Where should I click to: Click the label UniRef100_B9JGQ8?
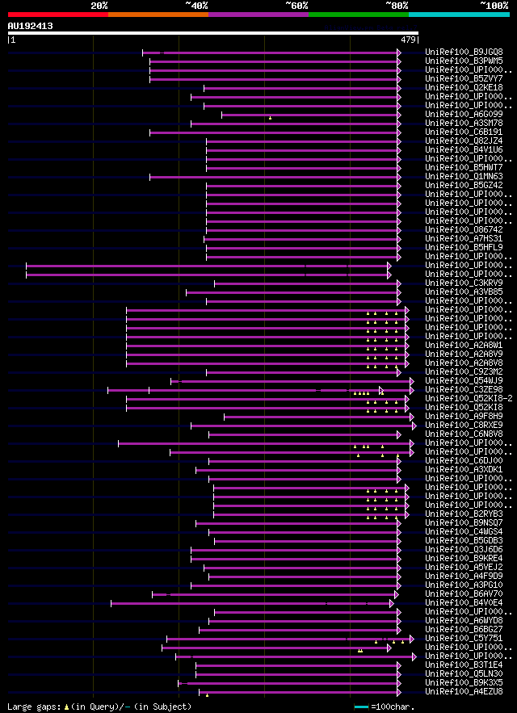click(464, 52)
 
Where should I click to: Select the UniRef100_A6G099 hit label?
click(464, 114)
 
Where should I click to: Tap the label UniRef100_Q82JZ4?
click(464, 141)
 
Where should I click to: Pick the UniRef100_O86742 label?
click(464, 229)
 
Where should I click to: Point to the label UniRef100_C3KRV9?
click(464, 283)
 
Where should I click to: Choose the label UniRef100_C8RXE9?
click(464, 425)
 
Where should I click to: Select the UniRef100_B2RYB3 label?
click(464, 514)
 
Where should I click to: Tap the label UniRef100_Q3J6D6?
click(464, 549)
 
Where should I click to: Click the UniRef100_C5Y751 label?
click(464, 638)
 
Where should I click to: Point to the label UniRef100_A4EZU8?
click(464, 691)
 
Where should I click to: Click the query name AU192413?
click(30, 26)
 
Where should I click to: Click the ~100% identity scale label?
click(494, 6)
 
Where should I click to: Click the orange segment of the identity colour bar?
click(158, 15)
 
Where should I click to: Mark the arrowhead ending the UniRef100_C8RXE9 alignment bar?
click(414, 425)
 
